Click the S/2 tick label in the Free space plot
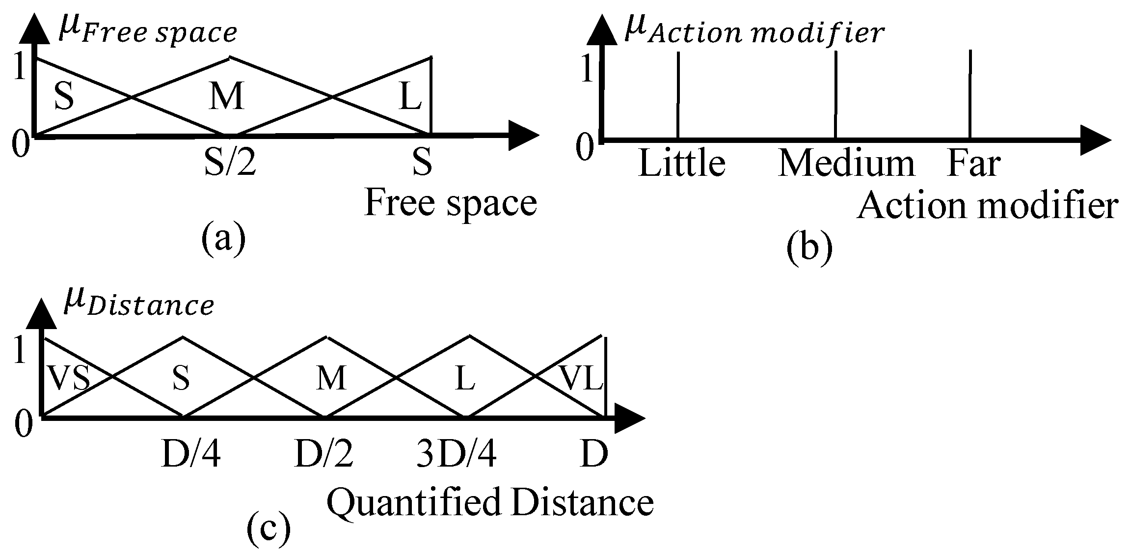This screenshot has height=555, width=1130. point(230,164)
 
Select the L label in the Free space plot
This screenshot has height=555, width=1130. point(410,97)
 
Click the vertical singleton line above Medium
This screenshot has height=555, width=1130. point(835,93)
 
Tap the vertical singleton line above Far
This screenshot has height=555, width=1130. point(970,93)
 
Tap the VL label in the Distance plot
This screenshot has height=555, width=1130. point(581,379)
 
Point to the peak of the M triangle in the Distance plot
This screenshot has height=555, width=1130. point(327,338)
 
